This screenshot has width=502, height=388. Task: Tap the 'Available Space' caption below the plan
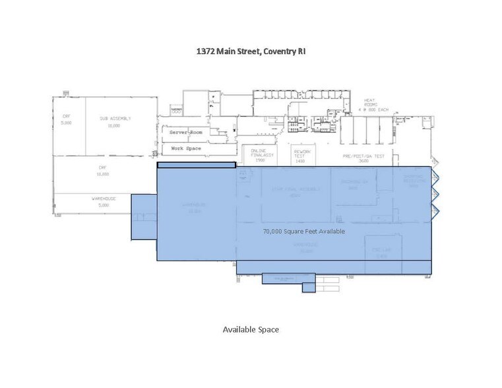[251, 329]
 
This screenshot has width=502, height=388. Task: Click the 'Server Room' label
[186, 133]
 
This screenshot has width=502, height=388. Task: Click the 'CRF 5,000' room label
[66, 121]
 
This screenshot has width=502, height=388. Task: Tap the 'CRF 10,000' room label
[103, 171]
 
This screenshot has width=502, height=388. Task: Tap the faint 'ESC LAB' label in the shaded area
[379, 251]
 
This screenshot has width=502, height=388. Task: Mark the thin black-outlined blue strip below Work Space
[196, 165]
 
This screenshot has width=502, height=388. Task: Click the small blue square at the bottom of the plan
[309, 288]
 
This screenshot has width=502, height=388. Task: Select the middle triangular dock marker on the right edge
[435, 193]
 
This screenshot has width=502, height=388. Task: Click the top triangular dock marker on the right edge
[435, 175]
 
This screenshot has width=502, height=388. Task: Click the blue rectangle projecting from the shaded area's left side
[144, 216]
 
